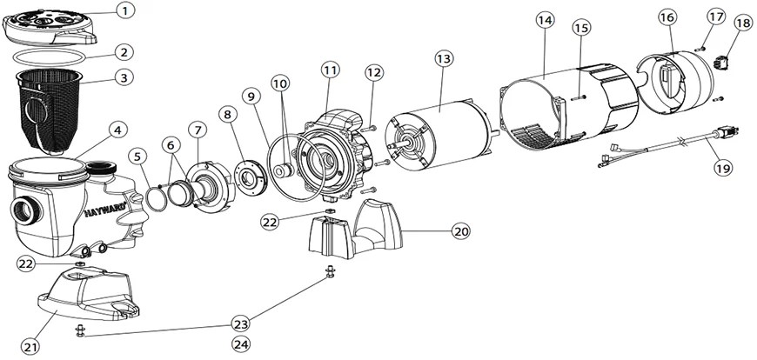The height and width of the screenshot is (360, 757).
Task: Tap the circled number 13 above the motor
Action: coord(444,57)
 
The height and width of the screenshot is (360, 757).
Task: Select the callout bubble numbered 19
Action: coord(719,169)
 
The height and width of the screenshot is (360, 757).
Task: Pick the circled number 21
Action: coord(30,347)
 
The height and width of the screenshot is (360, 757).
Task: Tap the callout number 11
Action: coord(330,69)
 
